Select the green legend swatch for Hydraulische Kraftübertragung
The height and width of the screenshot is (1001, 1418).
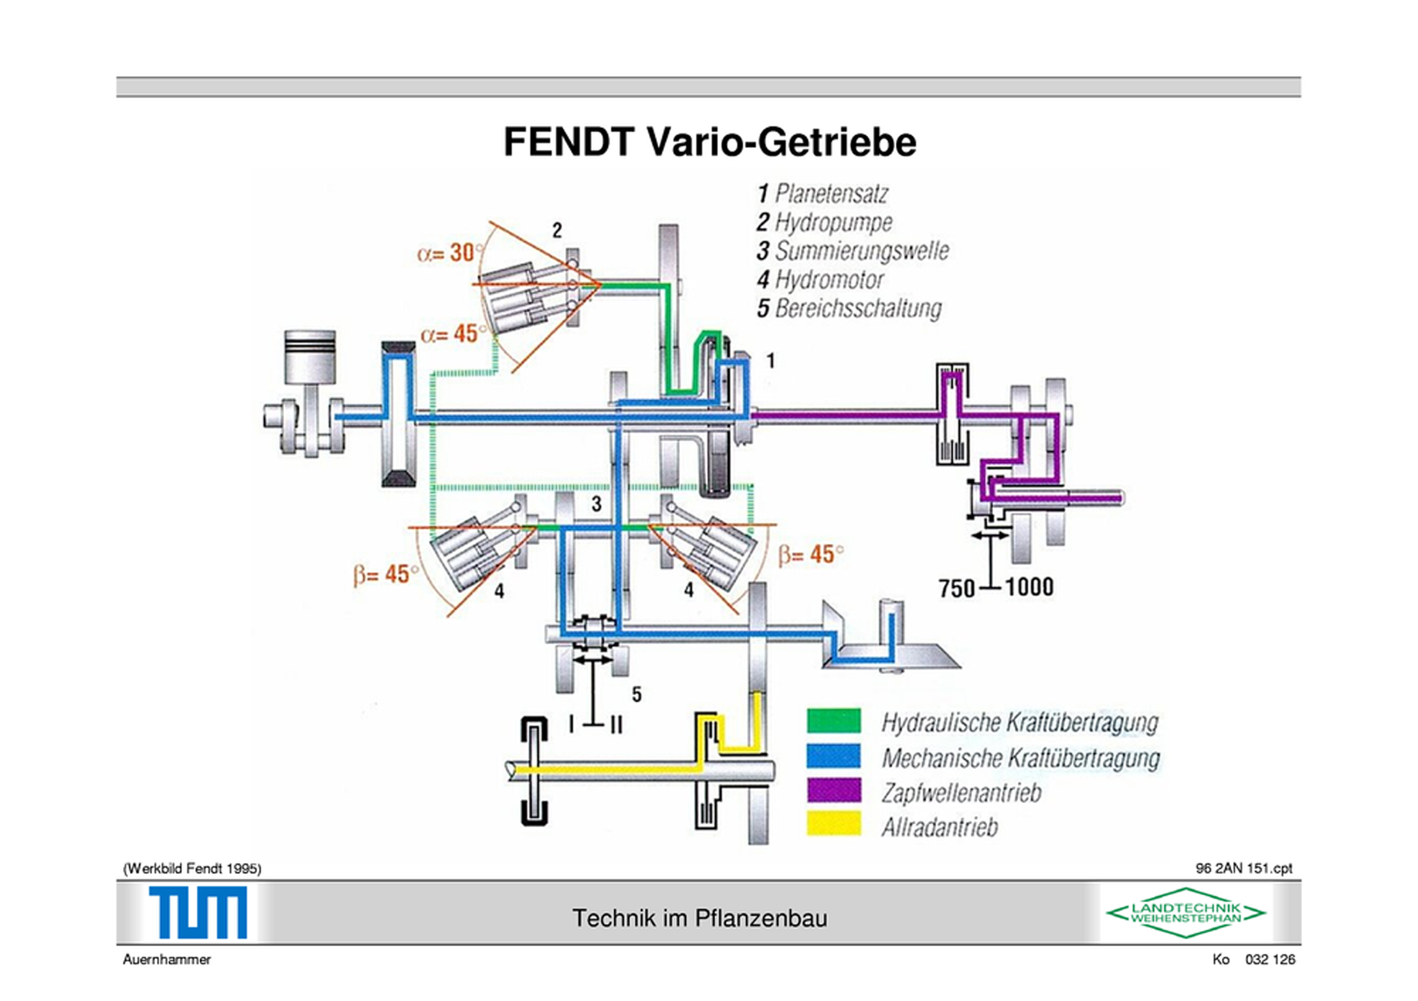[x=833, y=720]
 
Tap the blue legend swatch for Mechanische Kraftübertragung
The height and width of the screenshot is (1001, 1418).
[x=833, y=755]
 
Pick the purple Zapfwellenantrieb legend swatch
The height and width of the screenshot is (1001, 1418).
[x=833, y=790]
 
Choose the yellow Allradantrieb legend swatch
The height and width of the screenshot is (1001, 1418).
[x=833, y=824]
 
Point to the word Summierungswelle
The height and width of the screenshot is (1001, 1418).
[x=861, y=251]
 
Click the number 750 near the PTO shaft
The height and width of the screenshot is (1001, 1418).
[x=957, y=588]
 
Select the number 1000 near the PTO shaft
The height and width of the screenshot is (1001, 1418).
[x=1029, y=587]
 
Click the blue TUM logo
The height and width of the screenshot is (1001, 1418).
[x=198, y=912]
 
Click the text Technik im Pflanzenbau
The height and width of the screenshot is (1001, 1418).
[x=699, y=918]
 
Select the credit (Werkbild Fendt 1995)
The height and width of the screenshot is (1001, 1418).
[x=192, y=869]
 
